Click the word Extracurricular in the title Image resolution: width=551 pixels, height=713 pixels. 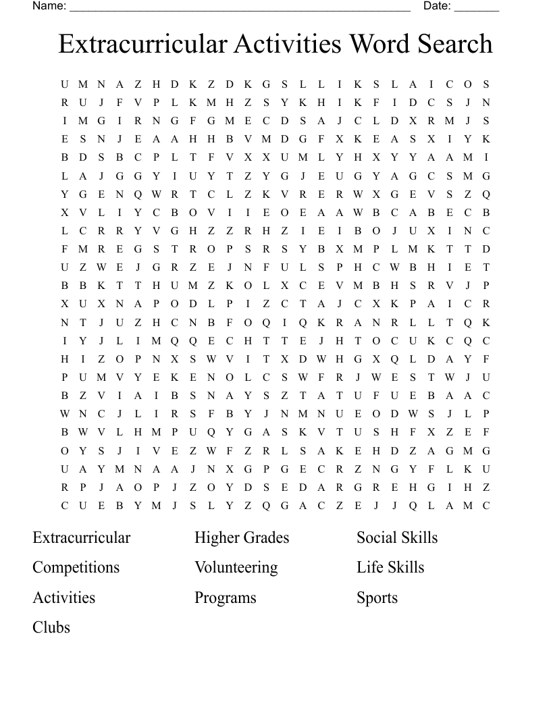coord(143,45)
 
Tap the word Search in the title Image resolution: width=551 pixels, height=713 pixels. coord(454,45)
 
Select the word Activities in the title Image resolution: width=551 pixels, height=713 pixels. coord(288,45)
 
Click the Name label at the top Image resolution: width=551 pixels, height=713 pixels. coord(49,6)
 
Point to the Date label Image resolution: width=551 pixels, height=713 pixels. coord(437,6)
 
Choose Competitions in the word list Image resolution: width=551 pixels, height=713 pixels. coord(76,567)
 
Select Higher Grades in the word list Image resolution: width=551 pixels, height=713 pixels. coord(242,537)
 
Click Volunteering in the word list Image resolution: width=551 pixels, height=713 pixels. coord(236,567)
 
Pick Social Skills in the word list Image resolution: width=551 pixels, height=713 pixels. coord(397,537)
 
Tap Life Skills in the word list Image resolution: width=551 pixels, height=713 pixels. coord(390,567)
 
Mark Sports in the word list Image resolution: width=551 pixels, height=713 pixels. coord(377,598)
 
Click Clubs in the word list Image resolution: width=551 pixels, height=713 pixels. coord(51,627)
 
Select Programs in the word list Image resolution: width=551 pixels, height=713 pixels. coord(226,598)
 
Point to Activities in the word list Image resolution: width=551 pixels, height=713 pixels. coord(63,598)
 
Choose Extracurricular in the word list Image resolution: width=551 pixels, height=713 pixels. coord(81,537)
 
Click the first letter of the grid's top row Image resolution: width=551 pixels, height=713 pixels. coord(65,84)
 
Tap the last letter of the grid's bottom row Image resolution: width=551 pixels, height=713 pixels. coord(486,506)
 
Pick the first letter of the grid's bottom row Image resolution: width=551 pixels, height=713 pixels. coord(65,506)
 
